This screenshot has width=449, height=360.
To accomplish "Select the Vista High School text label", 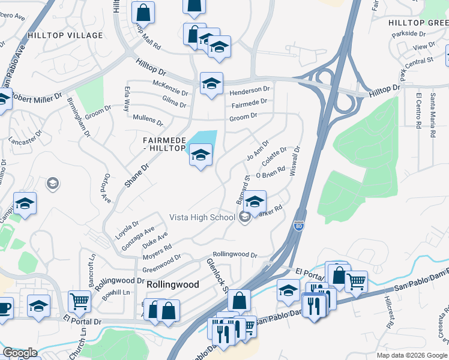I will [202, 217].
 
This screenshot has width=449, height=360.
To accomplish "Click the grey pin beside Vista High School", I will [244, 217].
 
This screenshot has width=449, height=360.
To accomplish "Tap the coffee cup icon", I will [5, 308].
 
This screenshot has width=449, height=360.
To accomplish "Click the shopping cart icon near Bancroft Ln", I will [79, 301].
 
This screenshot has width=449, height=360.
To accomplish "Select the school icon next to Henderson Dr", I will [211, 83].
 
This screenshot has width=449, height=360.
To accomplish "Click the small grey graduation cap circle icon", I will [53, 183].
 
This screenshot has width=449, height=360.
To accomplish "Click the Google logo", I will [20, 353].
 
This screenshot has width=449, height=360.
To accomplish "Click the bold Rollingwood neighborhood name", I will [173, 284].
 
